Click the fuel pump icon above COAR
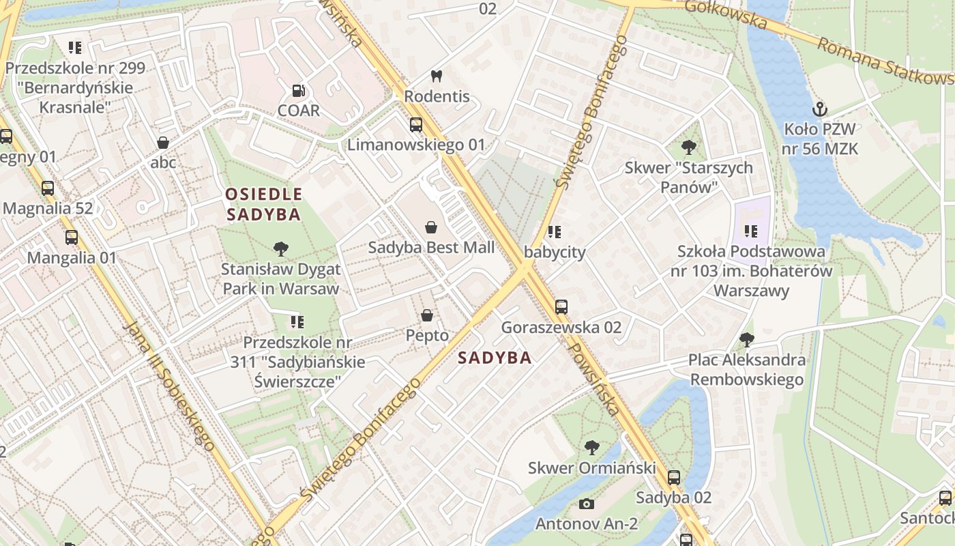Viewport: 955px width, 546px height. [x=298, y=90]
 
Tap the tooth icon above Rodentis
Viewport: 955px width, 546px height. [x=437, y=76]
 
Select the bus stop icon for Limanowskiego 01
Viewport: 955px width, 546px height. [x=415, y=125]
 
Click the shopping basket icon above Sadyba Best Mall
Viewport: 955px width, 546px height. [x=431, y=227]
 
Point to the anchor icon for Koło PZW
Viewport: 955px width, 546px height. [x=820, y=109]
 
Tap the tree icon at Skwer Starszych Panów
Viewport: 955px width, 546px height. [x=689, y=147]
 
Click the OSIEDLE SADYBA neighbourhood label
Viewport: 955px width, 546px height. [x=263, y=204]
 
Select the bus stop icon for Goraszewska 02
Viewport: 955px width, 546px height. [x=561, y=307]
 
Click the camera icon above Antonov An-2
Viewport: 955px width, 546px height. [x=586, y=504]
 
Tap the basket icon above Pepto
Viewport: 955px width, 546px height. [x=427, y=315]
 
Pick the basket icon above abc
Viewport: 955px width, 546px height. [x=163, y=143]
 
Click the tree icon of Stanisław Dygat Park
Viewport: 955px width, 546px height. [x=280, y=249]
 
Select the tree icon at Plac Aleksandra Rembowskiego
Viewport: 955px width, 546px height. [x=747, y=339]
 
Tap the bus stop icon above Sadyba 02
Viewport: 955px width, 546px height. [x=674, y=478]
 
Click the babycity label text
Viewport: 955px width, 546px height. [x=555, y=252]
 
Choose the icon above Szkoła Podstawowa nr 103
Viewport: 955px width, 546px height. [x=751, y=231]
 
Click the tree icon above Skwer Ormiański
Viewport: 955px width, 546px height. [x=592, y=448]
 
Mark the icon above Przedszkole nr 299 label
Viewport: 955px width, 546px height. [x=75, y=48]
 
